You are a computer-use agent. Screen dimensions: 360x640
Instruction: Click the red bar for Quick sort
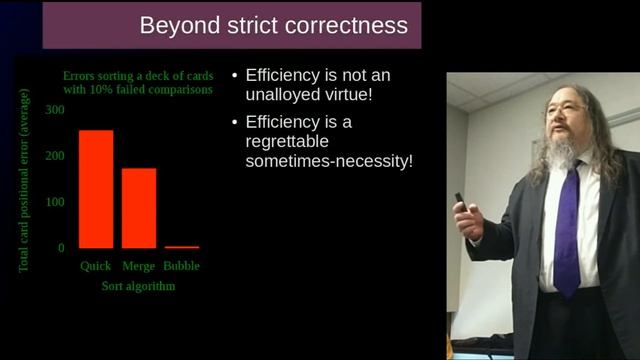coord(96,189)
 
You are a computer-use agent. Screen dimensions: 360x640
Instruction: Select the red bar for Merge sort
coord(139,208)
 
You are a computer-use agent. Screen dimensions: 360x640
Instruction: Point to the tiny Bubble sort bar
coord(182,247)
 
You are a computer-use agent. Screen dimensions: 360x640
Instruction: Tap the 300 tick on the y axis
coord(56,108)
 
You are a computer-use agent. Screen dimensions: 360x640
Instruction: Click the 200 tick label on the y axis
coord(56,155)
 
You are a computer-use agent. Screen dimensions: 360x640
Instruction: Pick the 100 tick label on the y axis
coord(56,202)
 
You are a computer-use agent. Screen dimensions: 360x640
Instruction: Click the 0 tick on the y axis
coord(61,248)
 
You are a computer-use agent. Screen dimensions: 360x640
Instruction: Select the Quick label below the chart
coord(96,267)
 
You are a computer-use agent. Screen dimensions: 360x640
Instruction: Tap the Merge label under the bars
coord(139,267)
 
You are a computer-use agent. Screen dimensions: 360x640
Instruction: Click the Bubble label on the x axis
coord(182,267)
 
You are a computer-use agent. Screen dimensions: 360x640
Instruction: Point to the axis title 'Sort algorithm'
coord(138,286)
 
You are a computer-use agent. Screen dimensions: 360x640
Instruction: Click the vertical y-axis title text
coord(24,181)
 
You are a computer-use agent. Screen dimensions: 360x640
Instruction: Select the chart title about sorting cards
coord(138,82)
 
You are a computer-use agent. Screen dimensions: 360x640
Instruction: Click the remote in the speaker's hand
coord(461,202)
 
